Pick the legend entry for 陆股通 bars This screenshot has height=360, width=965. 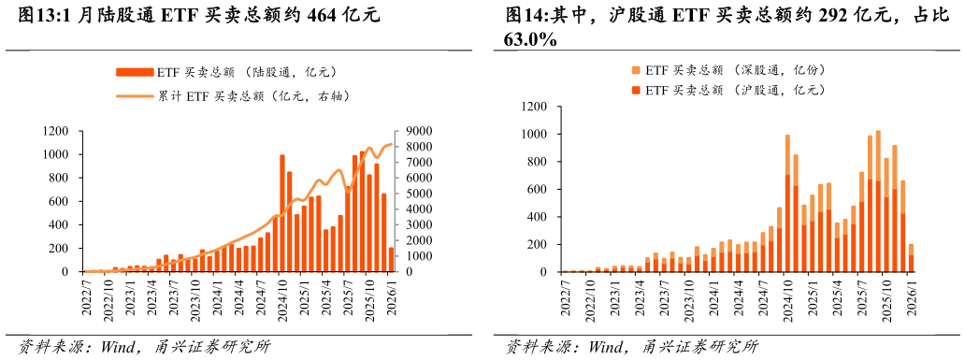[224, 71]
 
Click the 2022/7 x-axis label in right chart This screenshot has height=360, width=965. [565, 299]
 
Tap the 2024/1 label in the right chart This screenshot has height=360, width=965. [713, 299]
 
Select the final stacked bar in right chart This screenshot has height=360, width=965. [911, 258]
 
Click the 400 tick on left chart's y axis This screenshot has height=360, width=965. [64, 225]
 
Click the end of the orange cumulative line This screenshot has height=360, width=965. [392, 145]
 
